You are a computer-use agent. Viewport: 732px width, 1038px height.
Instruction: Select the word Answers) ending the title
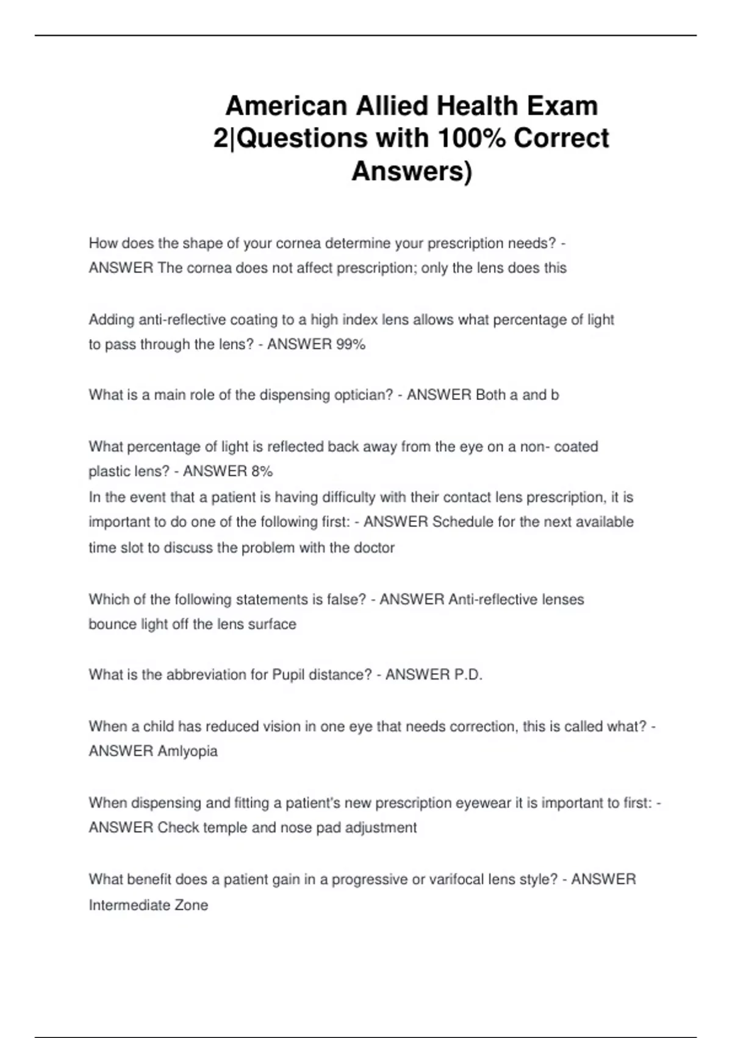pyautogui.click(x=412, y=171)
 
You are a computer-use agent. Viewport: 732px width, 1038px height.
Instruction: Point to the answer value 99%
pyautogui.click(x=350, y=344)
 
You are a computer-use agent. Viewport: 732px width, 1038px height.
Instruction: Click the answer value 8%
pyautogui.click(x=262, y=471)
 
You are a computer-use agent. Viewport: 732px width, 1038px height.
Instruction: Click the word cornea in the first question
pyautogui.click(x=299, y=244)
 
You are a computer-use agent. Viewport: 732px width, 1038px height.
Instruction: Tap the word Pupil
pyautogui.click(x=288, y=675)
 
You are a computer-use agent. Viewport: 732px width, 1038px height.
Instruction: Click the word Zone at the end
pyautogui.click(x=192, y=906)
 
